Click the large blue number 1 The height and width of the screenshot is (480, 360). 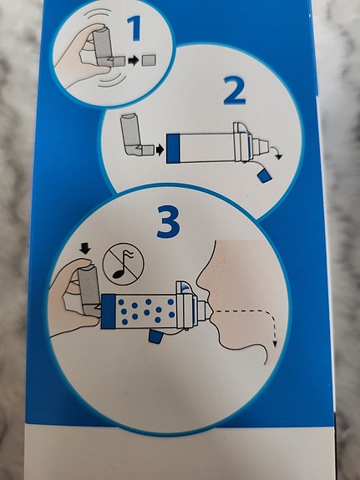pyautogui.click(x=134, y=28)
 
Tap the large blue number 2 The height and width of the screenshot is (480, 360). pyautogui.click(x=235, y=91)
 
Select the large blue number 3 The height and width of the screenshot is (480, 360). pyautogui.click(x=168, y=222)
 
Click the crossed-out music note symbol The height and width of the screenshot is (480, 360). pyautogui.click(x=123, y=264)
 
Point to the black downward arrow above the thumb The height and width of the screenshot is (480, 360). pyautogui.click(x=85, y=248)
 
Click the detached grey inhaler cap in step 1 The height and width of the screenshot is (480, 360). pyautogui.click(x=149, y=61)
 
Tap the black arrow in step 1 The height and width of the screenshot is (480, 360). pyautogui.click(x=134, y=61)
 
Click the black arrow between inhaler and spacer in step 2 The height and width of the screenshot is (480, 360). pyautogui.click(x=160, y=150)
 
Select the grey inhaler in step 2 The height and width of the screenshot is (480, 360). pyautogui.click(x=135, y=135)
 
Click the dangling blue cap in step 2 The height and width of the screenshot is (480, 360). pyautogui.click(x=264, y=176)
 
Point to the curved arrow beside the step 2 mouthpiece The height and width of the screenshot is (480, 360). pyautogui.click(x=276, y=153)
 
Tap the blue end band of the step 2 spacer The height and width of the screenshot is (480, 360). pyautogui.click(x=173, y=148)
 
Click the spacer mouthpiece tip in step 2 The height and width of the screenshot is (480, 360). pyautogui.click(x=264, y=146)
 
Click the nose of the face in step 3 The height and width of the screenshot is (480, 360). pyautogui.click(x=202, y=278)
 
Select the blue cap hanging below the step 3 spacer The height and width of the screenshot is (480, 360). pyautogui.click(x=155, y=336)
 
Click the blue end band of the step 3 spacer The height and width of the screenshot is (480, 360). pyautogui.click(x=108, y=311)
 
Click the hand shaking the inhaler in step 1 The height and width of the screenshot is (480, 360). pyautogui.click(x=80, y=56)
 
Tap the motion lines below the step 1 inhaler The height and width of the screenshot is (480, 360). pyautogui.click(x=113, y=81)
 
